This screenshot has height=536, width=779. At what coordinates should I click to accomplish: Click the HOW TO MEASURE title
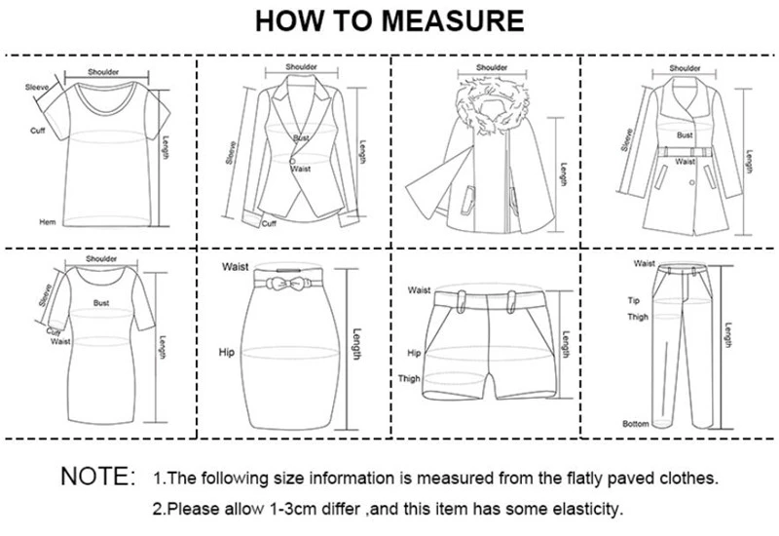coord(389,20)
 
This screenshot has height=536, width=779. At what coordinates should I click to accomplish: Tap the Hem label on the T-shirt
coord(44,221)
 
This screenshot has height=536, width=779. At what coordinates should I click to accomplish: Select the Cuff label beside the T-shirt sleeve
coord(38,130)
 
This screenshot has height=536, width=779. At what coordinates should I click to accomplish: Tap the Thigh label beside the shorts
coord(409,379)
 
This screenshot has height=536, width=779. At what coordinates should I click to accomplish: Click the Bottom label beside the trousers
coord(635,424)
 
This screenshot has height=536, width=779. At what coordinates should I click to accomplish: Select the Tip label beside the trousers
coord(632,301)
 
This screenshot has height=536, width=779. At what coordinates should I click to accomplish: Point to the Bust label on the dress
coord(101,303)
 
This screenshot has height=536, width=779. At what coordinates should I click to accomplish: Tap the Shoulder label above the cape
coord(492,67)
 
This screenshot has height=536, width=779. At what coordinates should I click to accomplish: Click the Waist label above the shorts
coord(420,289)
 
